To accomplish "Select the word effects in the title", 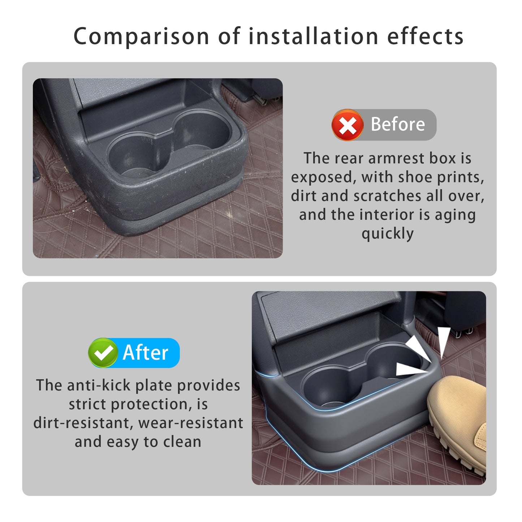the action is (x=425, y=36).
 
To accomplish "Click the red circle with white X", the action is (x=347, y=125).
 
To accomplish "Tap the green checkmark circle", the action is (x=103, y=353).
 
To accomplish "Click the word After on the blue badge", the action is (x=146, y=353).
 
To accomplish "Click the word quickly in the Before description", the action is (x=387, y=233).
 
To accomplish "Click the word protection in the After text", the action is (x=147, y=405).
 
